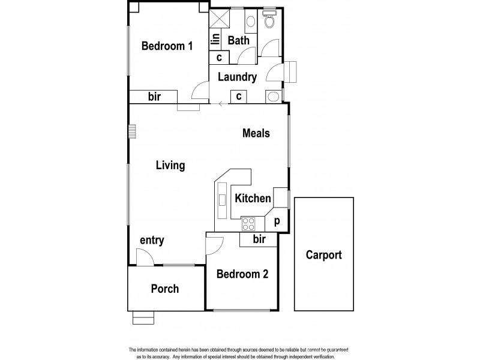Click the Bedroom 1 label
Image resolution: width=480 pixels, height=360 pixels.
(x=167, y=46)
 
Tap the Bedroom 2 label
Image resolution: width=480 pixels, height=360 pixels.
(x=242, y=274)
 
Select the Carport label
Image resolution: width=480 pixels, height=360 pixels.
(x=324, y=255)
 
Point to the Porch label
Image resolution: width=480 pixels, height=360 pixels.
(x=165, y=289)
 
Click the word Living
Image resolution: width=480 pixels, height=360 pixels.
(x=170, y=165)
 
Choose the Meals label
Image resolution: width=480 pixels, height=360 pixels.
(x=256, y=133)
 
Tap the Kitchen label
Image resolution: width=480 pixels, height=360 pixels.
(x=253, y=197)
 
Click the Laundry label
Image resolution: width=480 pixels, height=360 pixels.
(x=238, y=77)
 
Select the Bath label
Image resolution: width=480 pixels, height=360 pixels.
(x=239, y=41)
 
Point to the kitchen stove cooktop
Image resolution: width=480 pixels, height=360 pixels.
(x=249, y=224)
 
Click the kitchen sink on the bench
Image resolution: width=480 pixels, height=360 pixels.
(x=222, y=200)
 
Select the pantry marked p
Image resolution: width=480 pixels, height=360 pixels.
(x=277, y=221)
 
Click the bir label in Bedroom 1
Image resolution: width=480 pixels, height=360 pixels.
(x=154, y=97)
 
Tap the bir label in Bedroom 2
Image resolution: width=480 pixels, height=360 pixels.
(x=259, y=240)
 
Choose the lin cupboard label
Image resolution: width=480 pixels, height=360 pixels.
(x=214, y=40)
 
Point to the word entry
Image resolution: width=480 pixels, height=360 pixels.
(x=152, y=241)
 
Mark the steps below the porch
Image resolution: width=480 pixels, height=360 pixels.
(x=143, y=319)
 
